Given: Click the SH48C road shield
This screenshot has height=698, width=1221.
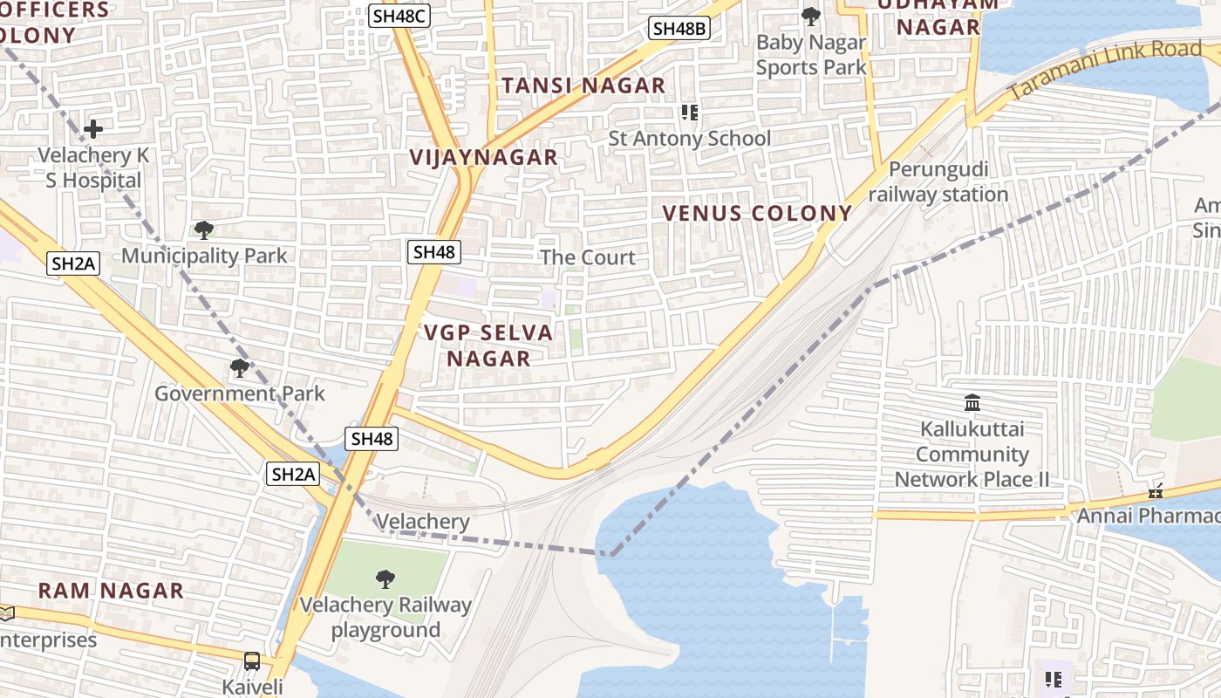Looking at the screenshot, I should [399, 15].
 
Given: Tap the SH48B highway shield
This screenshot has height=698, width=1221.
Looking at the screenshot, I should [679, 28].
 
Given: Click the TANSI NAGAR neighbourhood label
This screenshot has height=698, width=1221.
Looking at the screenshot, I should [583, 86].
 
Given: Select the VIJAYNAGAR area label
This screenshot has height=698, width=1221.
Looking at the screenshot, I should [484, 157].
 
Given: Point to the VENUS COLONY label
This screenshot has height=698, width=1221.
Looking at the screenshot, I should [757, 214].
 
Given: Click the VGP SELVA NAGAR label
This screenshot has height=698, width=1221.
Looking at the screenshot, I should [488, 346].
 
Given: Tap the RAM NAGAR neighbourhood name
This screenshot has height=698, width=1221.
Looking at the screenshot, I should [111, 591].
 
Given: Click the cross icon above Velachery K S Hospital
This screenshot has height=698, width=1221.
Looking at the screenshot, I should [93, 130].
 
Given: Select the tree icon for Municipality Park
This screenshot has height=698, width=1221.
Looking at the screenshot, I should [204, 230].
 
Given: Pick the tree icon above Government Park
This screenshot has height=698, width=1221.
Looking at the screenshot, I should [239, 368].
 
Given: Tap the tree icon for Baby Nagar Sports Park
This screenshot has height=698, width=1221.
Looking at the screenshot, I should [811, 16].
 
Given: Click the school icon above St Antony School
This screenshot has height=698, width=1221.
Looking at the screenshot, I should [690, 113].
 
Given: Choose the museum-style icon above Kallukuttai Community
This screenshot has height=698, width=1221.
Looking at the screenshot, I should [972, 403].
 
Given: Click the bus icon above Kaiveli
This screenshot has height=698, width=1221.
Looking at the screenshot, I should [252, 660].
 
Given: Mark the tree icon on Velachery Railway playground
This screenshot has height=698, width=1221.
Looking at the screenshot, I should [385, 578].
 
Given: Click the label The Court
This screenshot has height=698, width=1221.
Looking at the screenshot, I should [588, 257].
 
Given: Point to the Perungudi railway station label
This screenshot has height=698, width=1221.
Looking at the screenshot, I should [938, 182].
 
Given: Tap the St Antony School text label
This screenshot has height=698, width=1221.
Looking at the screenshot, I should [689, 139].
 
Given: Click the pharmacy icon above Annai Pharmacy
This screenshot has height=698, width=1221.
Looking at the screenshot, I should [1156, 491].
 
